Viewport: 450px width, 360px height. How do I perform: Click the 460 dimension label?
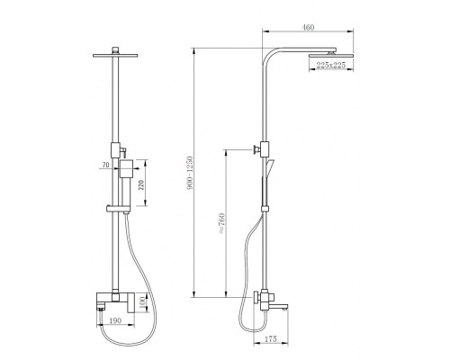point(308,27)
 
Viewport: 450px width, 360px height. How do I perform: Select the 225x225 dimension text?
point(331,65)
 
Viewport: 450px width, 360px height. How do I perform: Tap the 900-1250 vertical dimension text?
point(190,173)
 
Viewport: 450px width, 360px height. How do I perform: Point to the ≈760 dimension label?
point(221,223)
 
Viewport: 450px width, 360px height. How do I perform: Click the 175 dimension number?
point(271,339)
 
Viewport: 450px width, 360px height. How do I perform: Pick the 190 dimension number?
point(115,320)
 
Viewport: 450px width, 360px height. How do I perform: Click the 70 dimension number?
point(105,165)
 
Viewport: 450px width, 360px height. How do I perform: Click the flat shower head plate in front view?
point(115,56)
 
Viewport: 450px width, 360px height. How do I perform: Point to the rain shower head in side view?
point(331,56)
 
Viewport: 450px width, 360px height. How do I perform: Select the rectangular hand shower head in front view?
point(126,169)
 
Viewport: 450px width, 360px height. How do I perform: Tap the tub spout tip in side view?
point(285,307)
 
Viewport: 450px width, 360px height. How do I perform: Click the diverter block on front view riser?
point(115,150)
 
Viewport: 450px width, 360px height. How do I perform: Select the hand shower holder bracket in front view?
point(118,208)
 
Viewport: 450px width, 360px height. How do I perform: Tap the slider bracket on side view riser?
point(265,209)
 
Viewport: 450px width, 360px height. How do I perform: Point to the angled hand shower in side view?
point(269,167)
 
